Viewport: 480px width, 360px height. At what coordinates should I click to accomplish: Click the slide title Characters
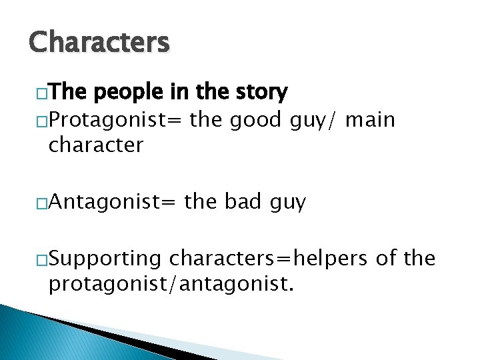tap(99, 43)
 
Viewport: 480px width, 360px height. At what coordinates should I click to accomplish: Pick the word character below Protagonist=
tap(96, 144)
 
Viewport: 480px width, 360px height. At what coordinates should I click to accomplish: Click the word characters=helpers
tap(269, 259)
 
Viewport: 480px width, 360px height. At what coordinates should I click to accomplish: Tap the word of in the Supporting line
tap(386, 259)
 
